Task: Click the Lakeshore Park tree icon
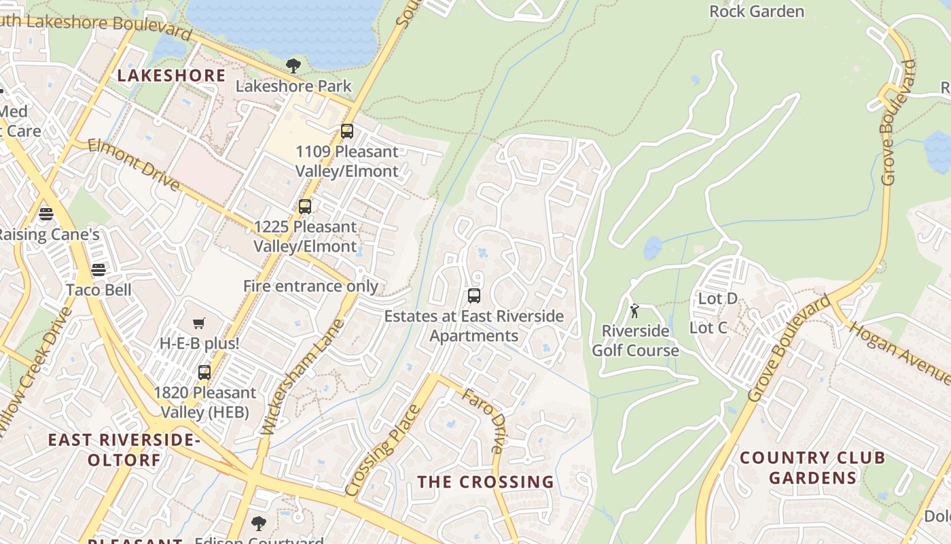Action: pyautogui.click(x=293, y=66)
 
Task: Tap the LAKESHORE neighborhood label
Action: pyautogui.click(x=171, y=75)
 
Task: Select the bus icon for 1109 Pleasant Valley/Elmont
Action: pyautogui.click(x=347, y=131)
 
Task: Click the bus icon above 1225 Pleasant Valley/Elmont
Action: pyautogui.click(x=305, y=206)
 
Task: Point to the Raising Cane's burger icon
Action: pyautogui.click(x=46, y=214)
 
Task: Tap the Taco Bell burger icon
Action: pyautogui.click(x=98, y=270)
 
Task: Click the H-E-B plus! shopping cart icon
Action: pyautogui.click(x=198, y=324)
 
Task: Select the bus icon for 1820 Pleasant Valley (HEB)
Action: pyautogui.click(x=204, y=373)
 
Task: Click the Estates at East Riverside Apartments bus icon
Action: pyautogui.click(x=474, y=296)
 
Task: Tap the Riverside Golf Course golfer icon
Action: pyautogui.click(x=634, y=311)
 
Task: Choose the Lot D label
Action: pyautogui.click(x=717, y=299)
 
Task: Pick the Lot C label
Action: pyautogui.click(x=708, y=328)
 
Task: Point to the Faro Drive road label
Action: pyautogui.click(x=483, y=421)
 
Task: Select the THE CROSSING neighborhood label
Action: pyautogui.click(x=486, y=482)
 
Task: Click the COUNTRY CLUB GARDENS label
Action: pyautogui.click(x=812, y=468)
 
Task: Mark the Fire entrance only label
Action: pyautogui.click(x=310, y=286)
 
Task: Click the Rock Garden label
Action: pyautogui.click(x=756, y=12)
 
